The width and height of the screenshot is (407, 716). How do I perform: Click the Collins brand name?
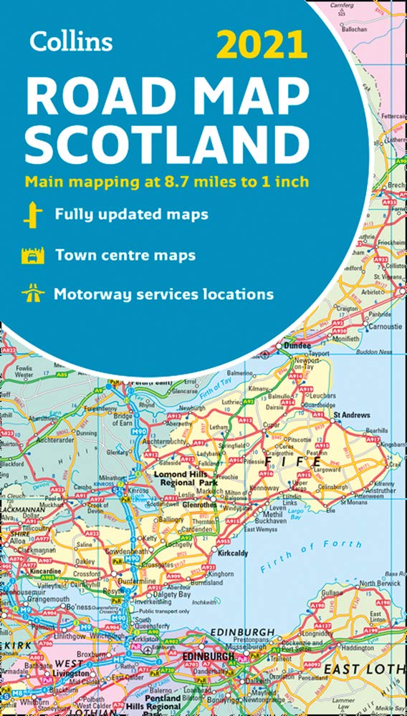pos(71,41)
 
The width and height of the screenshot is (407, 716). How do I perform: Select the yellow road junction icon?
pos(31,215)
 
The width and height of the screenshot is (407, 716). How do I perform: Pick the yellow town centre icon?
pos(31,254)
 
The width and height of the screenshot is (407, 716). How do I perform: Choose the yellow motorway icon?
pos(31,294)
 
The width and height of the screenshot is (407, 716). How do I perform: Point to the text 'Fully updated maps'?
pos(132,214)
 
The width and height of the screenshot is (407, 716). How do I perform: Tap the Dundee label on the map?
pos(297,345)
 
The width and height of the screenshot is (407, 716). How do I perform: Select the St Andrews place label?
pos(351,415)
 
